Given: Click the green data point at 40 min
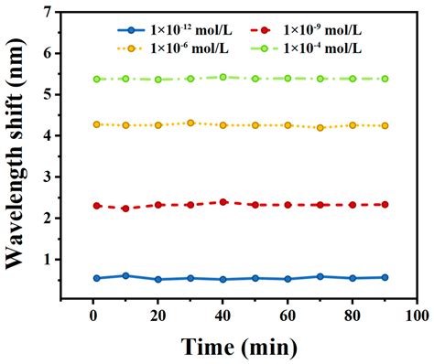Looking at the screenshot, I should point(222,77).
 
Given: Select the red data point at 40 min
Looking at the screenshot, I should point(222,202).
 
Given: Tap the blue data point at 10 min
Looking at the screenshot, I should point(125,275).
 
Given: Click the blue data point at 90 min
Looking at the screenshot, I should point(385,277).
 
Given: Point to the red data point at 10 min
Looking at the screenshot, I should point(125,209).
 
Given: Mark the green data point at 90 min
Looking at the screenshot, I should point(385,79).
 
